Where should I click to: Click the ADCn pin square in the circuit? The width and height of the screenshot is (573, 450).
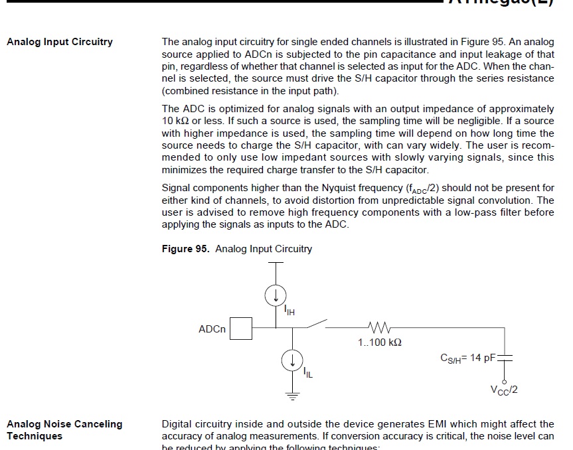(x=241, y=329)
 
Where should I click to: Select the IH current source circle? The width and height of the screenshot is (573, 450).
(x=276, y=294)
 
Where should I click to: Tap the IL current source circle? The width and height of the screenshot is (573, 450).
(x=291, y=360)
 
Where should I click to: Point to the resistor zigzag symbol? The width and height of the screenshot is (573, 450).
(x=379, y=327)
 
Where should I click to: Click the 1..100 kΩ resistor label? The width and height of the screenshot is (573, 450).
(x=380, y=342)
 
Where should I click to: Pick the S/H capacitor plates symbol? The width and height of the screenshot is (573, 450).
(x=505, y=358)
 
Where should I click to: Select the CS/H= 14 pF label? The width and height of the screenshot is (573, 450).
(x=468, y=358)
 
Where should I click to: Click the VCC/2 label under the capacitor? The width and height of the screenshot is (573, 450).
(x=504, y=390)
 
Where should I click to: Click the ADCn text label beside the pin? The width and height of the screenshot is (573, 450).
(x=212, y=329)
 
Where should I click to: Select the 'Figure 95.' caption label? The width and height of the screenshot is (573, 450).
(x=186, y=249)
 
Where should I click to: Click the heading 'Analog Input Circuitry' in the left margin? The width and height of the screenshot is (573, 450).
(x=60, y=42)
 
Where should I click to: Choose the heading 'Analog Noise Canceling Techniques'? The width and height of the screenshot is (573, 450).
(x=64, y=429)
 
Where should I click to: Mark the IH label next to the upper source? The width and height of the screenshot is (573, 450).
(x=289, y=309)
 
